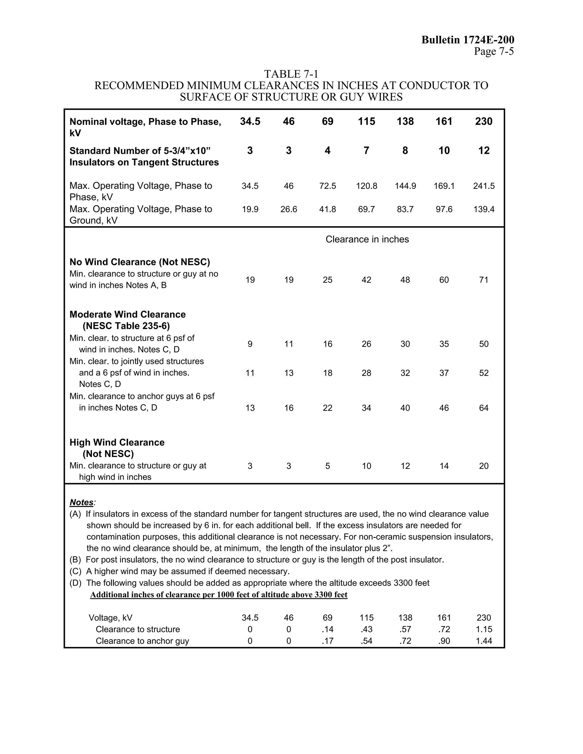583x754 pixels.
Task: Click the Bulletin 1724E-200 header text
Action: (468, 40)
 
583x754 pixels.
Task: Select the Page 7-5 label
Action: (494, 51)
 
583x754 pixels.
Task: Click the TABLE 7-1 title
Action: (291, 74)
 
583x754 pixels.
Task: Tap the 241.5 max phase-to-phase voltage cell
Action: (484, 186)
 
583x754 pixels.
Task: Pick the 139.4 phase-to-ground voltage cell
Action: (484, 209)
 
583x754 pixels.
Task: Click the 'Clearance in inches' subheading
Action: (367, 239)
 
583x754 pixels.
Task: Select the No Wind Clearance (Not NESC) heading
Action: (139, 262)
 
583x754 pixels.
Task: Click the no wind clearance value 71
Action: (484, 280)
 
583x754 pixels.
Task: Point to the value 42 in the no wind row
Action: (366, 280)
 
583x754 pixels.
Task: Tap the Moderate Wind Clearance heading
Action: (128, 314)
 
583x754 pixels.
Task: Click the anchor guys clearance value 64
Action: (484, 408)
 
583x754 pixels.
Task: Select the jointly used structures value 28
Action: (366, 373)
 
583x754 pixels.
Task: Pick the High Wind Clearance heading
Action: (117, 443)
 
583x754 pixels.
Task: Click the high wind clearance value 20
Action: (484, 466)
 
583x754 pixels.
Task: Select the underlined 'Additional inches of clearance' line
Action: (219, 594)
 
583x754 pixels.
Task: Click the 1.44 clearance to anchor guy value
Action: (484, 641)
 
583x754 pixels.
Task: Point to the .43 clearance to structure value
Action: (366, 629)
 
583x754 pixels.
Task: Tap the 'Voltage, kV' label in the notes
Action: (110, 618)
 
